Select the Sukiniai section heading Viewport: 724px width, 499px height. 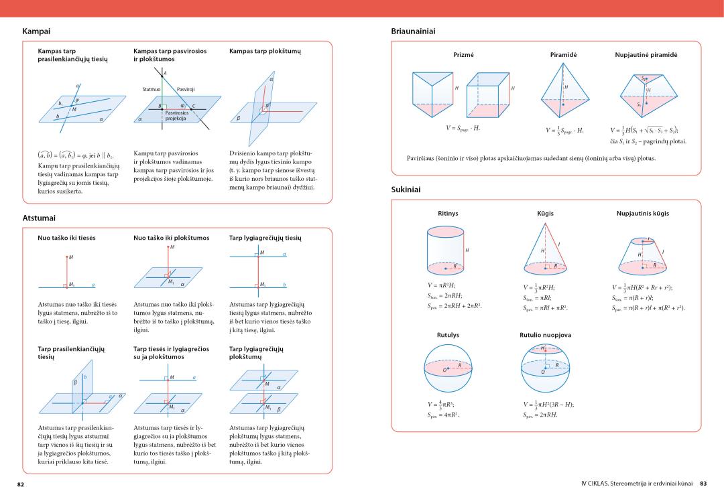[x=406, y=190]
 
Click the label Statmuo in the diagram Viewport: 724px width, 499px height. [x=152, y=89]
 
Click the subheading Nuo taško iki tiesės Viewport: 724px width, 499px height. [x=67, y=238]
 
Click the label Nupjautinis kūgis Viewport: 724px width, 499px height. [x=642, y=213]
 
